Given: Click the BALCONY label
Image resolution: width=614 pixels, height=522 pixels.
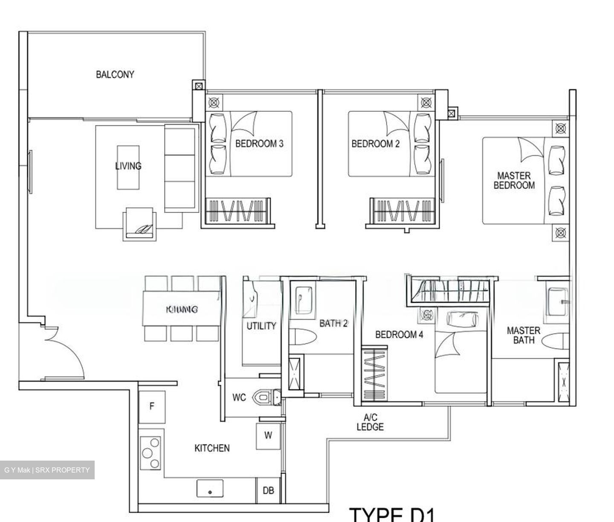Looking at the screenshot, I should pos(115,75).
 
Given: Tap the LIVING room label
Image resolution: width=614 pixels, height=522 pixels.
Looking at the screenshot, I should pos(128,166).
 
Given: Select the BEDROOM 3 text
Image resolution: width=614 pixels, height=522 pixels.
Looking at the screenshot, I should pos(259,144).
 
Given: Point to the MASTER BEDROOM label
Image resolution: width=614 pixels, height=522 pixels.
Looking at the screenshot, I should pos(514,180).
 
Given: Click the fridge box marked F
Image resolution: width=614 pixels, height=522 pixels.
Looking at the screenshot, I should pos(151,407).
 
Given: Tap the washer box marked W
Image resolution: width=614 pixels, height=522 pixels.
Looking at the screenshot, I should pos(268,436).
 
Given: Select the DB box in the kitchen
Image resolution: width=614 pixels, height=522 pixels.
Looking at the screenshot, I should pos(268,491).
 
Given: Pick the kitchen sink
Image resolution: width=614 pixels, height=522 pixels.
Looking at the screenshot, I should pos(210,488).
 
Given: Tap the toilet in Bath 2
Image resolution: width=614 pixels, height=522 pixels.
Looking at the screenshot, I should pos(304,337).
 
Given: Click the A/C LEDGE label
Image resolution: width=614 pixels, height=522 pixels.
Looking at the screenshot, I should pos(370,422).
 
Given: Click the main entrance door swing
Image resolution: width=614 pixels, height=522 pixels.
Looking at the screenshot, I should pos(64,352).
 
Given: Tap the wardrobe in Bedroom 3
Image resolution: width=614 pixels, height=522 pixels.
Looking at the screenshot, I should pos(237,210).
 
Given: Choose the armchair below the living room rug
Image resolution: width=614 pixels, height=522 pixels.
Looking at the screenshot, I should pos(139,224).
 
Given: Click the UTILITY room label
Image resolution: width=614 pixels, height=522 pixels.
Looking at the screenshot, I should pos(261,326).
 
